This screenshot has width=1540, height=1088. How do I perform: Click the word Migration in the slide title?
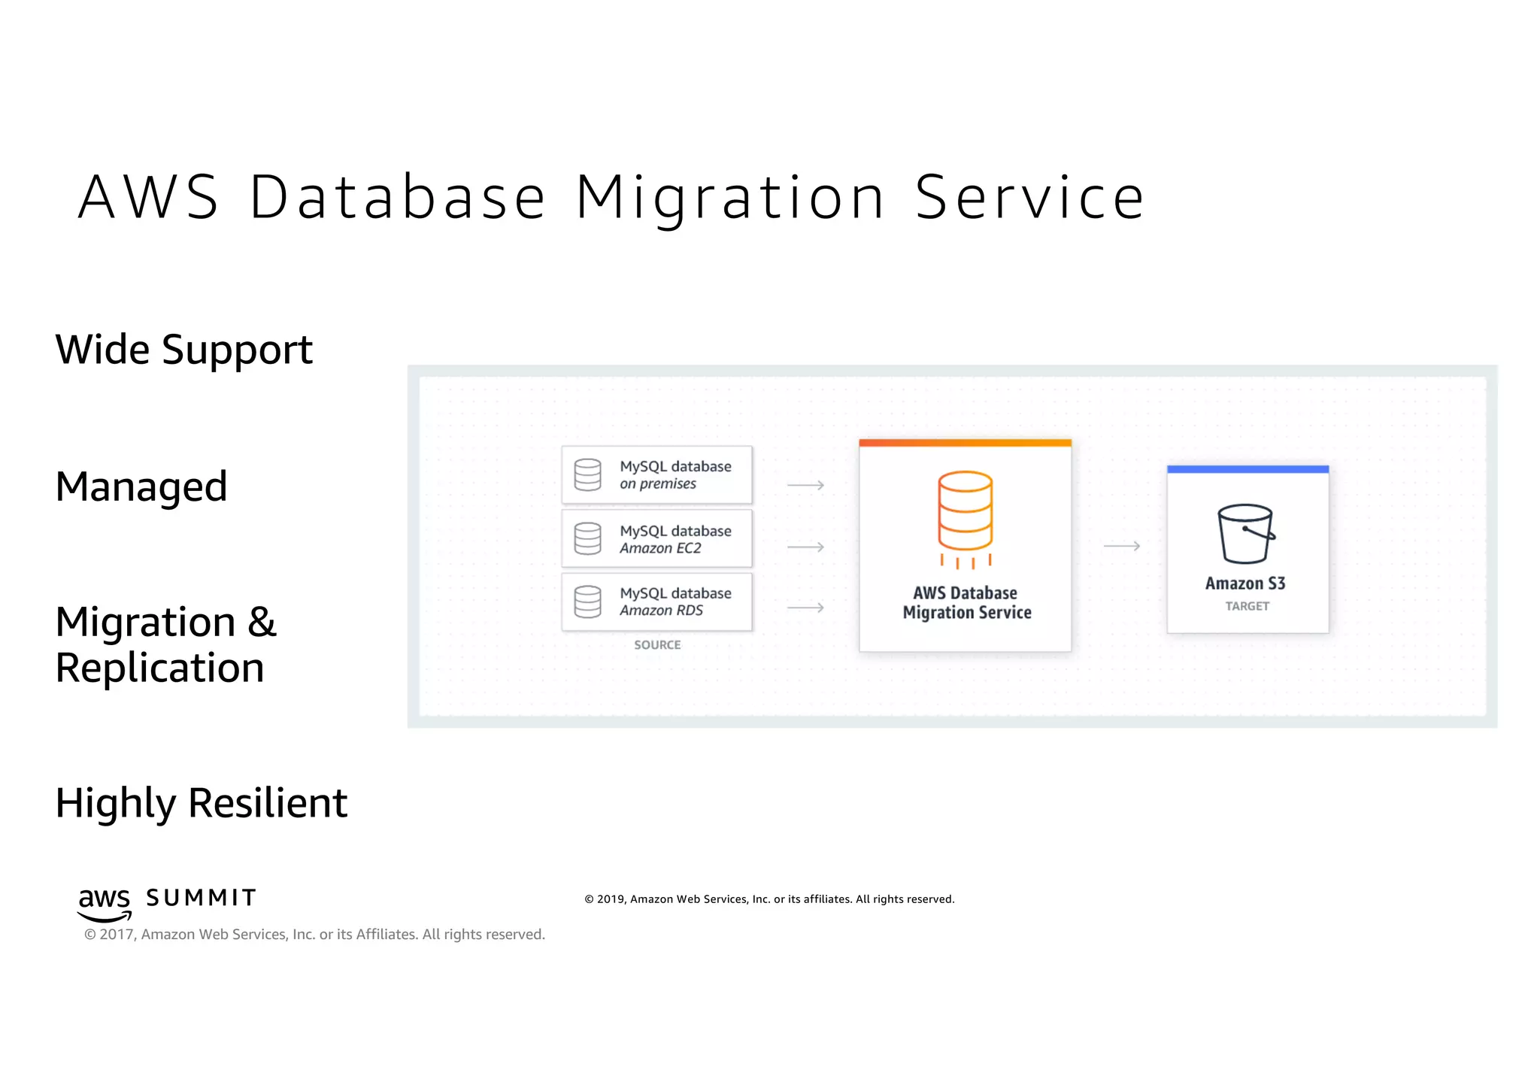pyautogui.click(x=729, y=198)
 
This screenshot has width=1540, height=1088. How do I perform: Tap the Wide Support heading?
pyautogui.click(x=183, y=350)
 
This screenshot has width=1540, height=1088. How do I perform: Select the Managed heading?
pyautogui.click(x=141, y=486)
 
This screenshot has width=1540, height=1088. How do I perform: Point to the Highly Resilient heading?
pyautogui.click(x=201, y=803)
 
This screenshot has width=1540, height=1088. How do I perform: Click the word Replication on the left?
pyautogui.click(x=159, y=668)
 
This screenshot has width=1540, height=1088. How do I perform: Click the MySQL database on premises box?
pyautogui.click(x=656, y=475)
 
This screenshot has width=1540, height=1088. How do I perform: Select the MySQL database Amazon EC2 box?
pyautogui.click(x=656, y=539)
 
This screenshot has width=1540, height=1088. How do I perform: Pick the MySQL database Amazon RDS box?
pyautogui.click(x=656, y=602)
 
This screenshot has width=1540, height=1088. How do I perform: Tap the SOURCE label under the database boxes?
pyautogui.click(x=657, y=645)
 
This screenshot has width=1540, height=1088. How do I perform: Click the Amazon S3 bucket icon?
pyautogui.click(x=1246, y=534)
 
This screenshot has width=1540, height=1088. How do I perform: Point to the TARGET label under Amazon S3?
pyautogui.click(x=1247, y=606)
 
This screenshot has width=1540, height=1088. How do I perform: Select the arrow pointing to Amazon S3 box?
pyautogui.click(x=1121, y=546)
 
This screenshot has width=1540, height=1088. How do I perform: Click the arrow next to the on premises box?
pyautogui.click(x=805, y=486)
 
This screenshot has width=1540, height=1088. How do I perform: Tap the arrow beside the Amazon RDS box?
pyautogui.click(x=805, y=608)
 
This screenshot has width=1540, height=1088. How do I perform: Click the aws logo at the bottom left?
pyautogui.click(x=105, y=903)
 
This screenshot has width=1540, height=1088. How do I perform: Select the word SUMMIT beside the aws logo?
pyautogui.click(x=201, y=898)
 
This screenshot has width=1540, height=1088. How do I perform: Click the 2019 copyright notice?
pyautogui.click(x=769, y=899)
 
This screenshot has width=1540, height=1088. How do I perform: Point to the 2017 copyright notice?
pyautogui.click(x=314, y=935)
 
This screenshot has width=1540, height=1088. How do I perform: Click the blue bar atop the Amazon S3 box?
pyautogui.click(x=1247, y=469)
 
